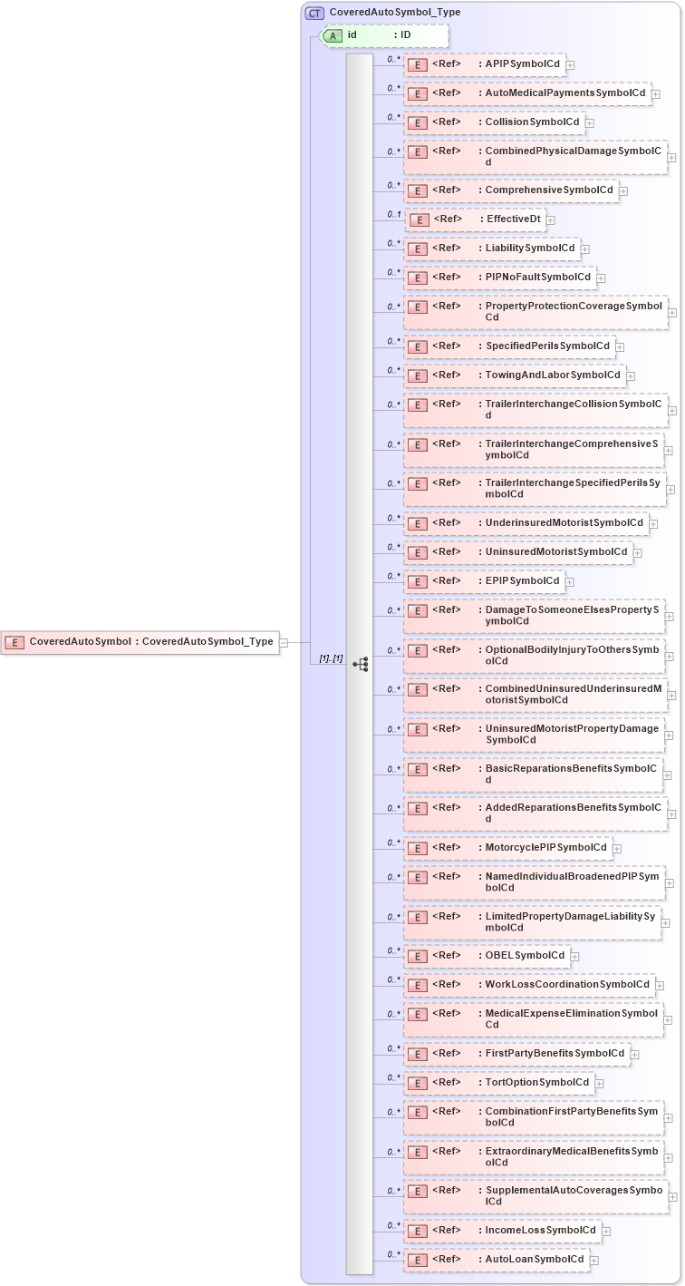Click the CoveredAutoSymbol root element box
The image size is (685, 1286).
[140, 642]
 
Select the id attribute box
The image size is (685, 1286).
[385, 35]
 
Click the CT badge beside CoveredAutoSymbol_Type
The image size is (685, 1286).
[314, 13]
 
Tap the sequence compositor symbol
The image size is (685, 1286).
[361, 664]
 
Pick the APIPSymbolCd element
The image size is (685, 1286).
[485, 64]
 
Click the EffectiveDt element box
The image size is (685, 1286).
[475, 219]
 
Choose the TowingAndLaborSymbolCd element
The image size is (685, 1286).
[515, 375]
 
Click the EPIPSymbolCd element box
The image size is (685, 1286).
[484, 581]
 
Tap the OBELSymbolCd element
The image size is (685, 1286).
[487, 956]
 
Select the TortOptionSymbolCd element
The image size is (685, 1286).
[499, 1083]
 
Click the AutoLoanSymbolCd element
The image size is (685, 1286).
[497, 1260]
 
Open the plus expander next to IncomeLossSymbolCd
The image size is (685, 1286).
[606, 1232]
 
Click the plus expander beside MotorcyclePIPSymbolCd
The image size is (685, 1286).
[617, 849]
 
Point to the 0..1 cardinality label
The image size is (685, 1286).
[393, 214]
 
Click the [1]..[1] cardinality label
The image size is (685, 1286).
[330, 658]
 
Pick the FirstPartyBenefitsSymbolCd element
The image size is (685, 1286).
[516, 1054]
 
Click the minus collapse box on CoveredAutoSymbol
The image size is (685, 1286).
[284, 642]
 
